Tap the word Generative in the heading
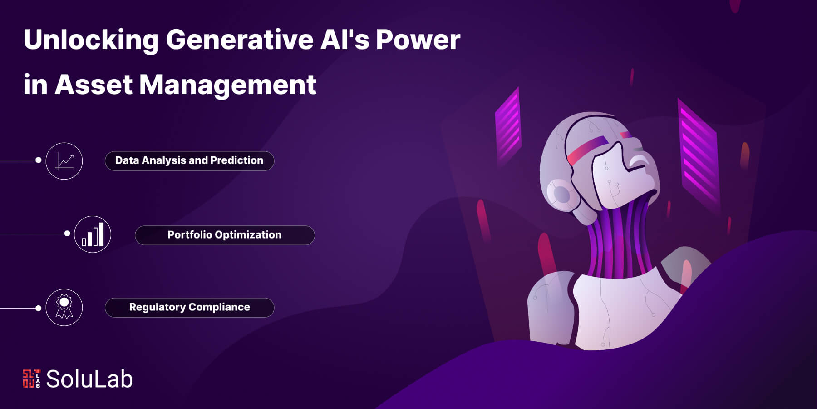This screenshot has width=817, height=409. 239,40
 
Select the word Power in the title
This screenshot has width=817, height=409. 418,40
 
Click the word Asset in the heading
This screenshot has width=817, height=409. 93,85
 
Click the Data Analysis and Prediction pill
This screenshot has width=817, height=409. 189,161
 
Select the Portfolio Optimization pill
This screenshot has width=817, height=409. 225,235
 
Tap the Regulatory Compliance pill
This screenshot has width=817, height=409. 189,308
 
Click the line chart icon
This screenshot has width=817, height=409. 64,161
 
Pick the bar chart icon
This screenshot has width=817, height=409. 93,234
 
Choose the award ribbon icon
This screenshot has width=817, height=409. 64,308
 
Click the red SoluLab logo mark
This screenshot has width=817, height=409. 31,379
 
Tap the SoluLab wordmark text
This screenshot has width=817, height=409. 89,379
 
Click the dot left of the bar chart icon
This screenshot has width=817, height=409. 67,234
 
